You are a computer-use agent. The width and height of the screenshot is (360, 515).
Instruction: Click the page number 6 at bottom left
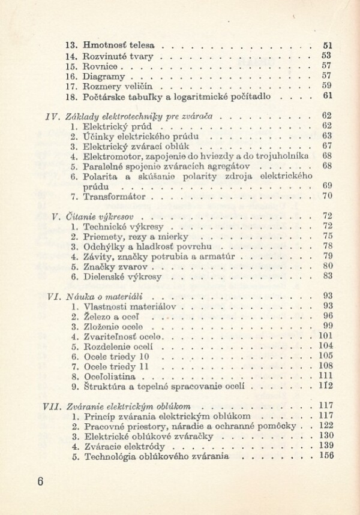[40, 481]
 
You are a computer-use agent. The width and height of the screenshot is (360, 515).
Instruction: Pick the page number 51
[328, 45]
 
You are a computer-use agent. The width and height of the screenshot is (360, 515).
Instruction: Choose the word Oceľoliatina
[110, 377]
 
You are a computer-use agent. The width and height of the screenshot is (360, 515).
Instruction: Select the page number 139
[326, 446]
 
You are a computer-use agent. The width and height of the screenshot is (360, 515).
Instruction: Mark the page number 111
[326, 377]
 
